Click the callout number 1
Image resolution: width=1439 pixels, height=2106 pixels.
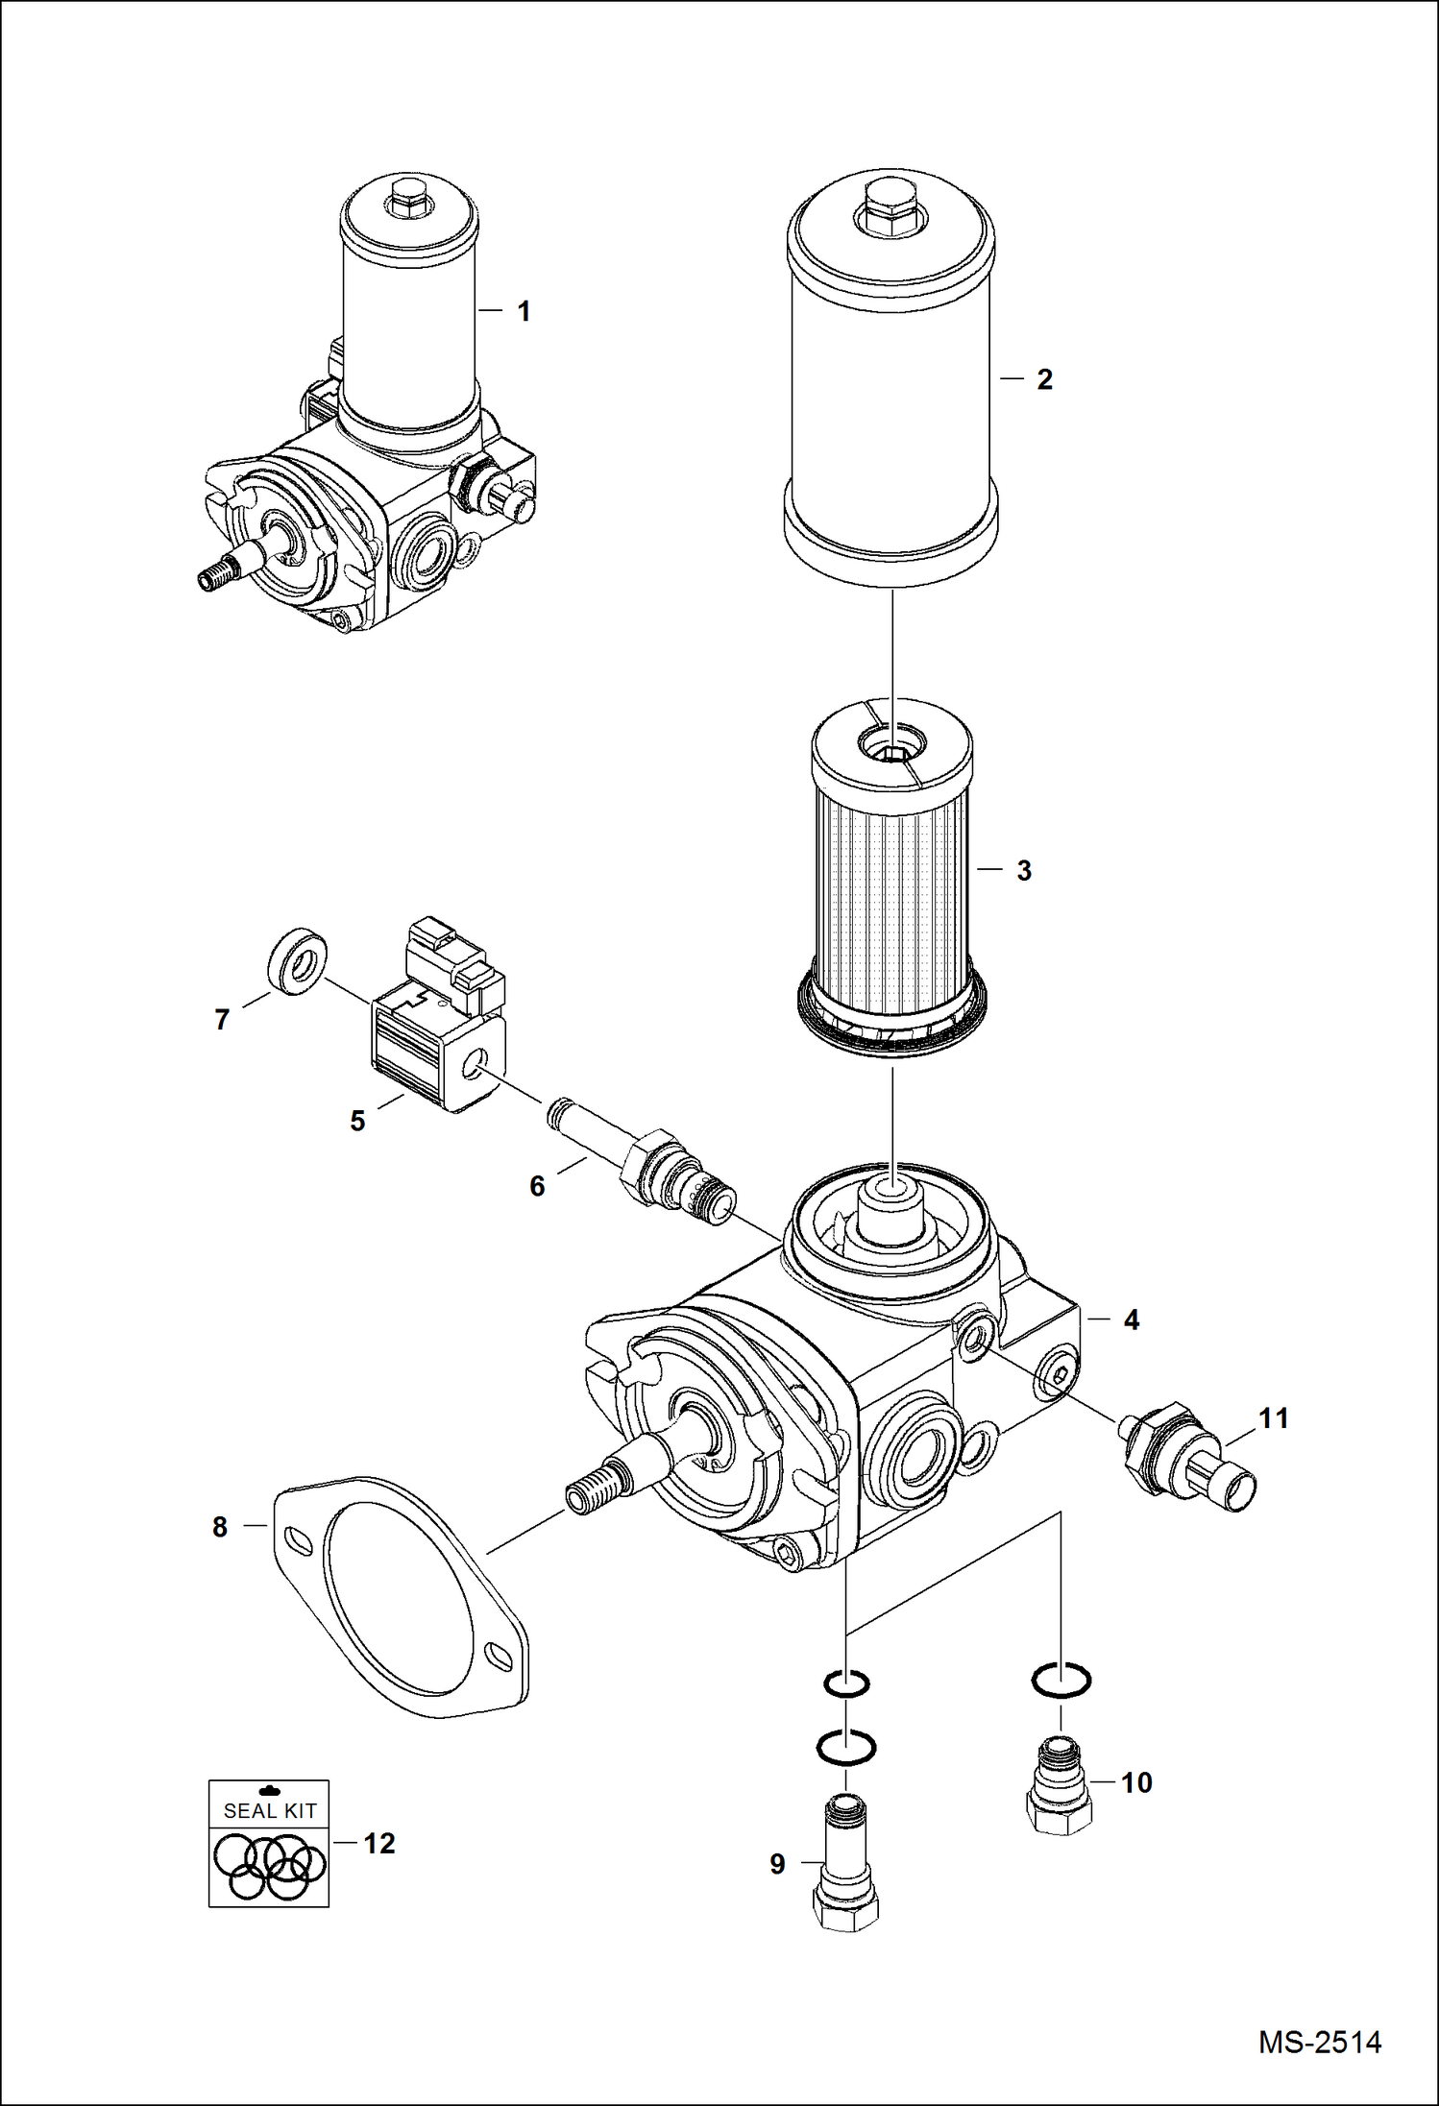524,311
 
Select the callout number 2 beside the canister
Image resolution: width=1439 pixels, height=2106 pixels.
1044,379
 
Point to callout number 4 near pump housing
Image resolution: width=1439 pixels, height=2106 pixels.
1131,1320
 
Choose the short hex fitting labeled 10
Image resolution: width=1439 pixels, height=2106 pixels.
1061,1792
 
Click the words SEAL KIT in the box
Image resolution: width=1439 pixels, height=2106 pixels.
270,1811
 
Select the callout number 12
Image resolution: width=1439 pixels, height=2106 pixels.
379,1844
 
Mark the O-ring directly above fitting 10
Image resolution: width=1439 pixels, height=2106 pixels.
1061,1680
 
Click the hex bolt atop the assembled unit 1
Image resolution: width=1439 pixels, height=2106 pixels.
411,196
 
